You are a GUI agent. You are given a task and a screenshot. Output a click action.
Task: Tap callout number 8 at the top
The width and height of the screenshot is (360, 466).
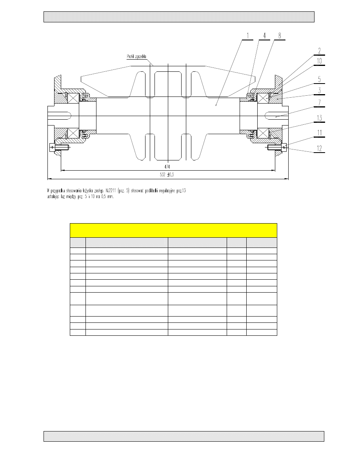[x=279, y=36]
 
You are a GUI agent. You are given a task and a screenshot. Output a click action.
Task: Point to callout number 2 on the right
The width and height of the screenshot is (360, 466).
[x=319, y=51]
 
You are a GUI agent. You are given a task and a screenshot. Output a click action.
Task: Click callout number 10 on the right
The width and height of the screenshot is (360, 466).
[x=319, y=61]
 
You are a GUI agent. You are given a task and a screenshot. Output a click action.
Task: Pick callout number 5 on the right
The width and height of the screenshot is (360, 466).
[x=319, y=79]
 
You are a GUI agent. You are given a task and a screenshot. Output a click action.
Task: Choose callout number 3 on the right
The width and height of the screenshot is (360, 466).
[x=319, y=91]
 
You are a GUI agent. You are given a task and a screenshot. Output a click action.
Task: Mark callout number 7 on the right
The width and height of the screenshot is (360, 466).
[x=319, y=103]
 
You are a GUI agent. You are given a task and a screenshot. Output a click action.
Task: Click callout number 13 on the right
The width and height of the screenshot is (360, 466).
[x=319, y=118]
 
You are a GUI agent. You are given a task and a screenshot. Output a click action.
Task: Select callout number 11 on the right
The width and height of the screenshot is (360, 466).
[x=319, y=133]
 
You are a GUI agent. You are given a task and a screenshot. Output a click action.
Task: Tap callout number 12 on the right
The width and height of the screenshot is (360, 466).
[x=319, y=148]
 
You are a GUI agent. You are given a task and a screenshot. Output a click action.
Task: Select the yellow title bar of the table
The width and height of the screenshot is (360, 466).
[x=173, y=230]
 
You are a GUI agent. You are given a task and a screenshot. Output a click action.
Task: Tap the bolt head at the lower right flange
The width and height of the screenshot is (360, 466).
[x=284, y=147]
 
